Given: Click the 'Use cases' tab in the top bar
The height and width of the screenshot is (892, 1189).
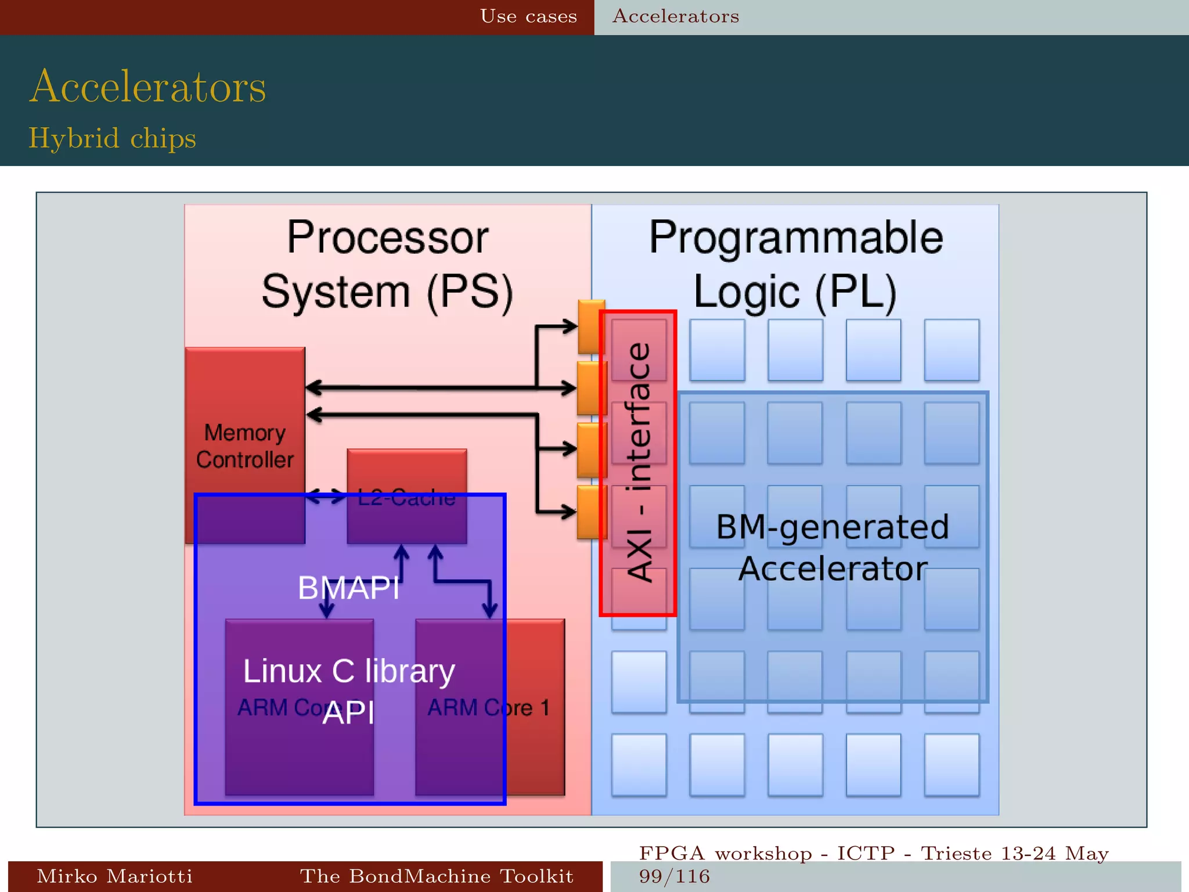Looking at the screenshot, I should coord(528,16).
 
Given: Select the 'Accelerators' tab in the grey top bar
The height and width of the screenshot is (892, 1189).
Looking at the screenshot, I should coord(676,16).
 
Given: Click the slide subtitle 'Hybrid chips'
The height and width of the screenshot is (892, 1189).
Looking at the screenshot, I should coord(112,138).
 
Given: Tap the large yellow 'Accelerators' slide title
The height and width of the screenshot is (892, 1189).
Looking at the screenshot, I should coord(148,87).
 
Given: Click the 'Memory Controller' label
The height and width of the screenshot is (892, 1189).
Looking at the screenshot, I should coord(244,446).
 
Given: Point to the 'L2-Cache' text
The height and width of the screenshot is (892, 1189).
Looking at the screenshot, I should coord(406,498).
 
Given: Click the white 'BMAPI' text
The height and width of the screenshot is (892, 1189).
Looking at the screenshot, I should coord(348,587).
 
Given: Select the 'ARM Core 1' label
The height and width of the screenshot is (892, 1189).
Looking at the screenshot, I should coord(488,707).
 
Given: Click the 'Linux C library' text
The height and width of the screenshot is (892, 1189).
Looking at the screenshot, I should coord(348,671).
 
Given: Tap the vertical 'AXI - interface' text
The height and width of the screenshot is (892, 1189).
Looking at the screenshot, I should coord(639,462).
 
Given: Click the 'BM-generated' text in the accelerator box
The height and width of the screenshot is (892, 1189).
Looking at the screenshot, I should coord(833,527).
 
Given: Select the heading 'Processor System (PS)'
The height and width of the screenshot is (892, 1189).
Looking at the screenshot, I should coord(388,265).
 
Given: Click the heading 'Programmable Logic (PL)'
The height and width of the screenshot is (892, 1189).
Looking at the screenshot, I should coord(795,265).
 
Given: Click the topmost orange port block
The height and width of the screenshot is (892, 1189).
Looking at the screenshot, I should coord(591,326).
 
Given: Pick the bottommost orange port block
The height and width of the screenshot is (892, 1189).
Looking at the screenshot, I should coord(591,512).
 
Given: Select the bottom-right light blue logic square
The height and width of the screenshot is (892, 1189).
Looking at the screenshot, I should coord(951,764).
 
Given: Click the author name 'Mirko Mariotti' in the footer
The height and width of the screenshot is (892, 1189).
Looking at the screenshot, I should coord(114,876).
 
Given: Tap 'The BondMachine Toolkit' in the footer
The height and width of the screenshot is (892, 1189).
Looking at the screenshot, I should coord(437,876).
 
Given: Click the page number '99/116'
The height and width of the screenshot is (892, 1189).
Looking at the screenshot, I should coord(674,876).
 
